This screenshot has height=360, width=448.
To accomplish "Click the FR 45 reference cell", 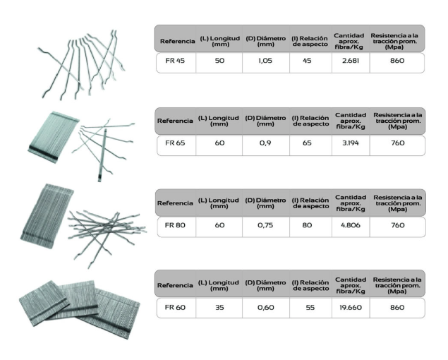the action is (x=175, y=61).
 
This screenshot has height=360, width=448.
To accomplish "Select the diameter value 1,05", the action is (x=265, y=61).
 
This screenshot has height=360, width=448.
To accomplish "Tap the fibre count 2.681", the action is (x=350, y=61).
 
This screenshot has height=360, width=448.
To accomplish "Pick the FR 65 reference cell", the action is (x=175, y=143).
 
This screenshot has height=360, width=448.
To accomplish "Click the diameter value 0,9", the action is (x=265, y=143).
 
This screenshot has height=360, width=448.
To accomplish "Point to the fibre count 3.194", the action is (x=351, y=143).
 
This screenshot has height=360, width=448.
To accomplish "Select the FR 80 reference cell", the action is (x=175, y=225).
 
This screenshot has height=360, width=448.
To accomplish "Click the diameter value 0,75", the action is (x=265, y=225).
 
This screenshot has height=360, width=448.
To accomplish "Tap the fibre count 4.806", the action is (x=351, y=225).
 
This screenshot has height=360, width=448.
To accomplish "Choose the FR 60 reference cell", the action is (x=175, y=308).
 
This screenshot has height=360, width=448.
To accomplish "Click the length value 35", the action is (x=219, y=308).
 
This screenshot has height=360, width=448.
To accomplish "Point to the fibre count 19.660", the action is (x=351, y=308).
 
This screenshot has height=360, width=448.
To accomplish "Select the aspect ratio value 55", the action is (x=310, y=308).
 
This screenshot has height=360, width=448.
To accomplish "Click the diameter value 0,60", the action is (x=266, y=308).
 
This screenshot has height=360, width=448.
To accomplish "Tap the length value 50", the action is (x=219, y=61).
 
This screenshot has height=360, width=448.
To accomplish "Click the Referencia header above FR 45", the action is (x=177, y=41).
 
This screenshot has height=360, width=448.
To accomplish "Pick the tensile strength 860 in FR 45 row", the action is (x=397, y=61).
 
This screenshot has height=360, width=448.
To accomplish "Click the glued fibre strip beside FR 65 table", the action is (x=54, y=137).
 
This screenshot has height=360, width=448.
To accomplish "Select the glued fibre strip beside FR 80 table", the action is (x=47, y=216).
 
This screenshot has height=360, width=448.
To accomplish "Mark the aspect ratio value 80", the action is (x=307, y=225).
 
